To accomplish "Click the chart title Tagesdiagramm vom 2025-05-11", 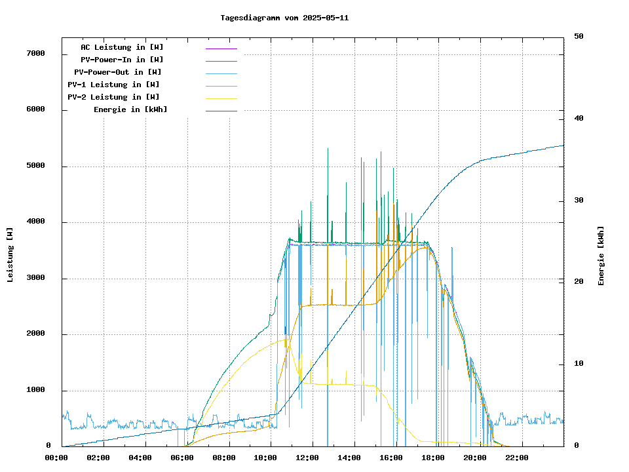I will click(x=284, y=18).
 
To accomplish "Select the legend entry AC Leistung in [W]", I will click(x=122, y=47).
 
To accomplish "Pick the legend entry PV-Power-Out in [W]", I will click(x=118, y=72).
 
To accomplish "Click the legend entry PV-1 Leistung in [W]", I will click(x=113, y=85).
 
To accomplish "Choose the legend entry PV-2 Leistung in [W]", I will click(x=113, y=97).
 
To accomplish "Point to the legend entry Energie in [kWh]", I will click(x=130, y=109).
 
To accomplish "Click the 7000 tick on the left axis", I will click(x=34, y=53).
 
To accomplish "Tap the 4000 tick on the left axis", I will click(x=34, y=222).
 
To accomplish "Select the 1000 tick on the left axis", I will click(x=34, y=390).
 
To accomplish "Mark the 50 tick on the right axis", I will click(x=579, y=36).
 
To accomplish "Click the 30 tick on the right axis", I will click(x=579, y=200).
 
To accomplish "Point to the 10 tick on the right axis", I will click(x=579, y=364).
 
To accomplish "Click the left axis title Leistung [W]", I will click(x=10, y=254).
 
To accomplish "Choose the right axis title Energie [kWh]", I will click(x=601, y=256).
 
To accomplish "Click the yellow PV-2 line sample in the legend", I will click(x=221, y=98).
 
